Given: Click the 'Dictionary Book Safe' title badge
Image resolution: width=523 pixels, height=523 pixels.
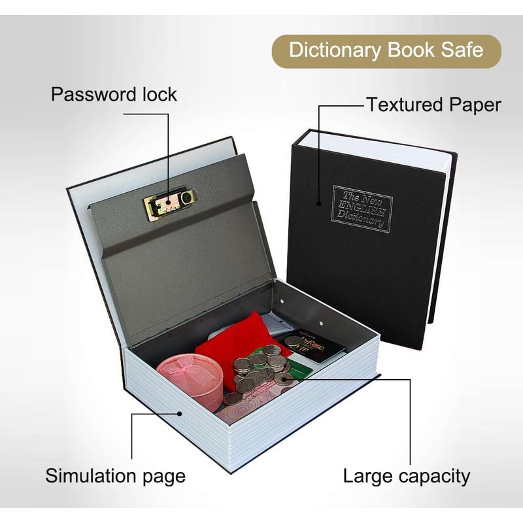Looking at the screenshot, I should (x=386, y=51).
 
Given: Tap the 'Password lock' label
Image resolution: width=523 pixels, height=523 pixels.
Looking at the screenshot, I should (x=114, y=94).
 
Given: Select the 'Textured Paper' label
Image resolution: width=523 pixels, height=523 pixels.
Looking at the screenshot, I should (x=433, y=105).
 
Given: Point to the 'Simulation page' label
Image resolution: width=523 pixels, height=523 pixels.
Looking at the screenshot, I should (x=115, y=475).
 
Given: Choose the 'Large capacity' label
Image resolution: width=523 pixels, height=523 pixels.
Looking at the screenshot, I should (x=406, y=476).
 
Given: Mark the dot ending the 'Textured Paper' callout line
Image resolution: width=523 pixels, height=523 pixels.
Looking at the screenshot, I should (x=320, y=203).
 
